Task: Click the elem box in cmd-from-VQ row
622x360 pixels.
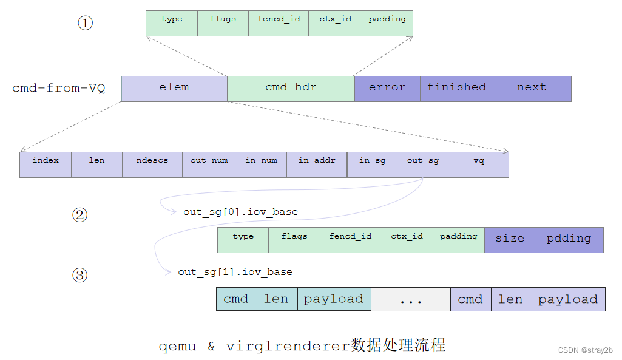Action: coord(174,89)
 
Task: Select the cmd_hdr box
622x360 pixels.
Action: coord(291,89)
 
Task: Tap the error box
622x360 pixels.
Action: coord(387,89)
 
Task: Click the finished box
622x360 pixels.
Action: coord(456,89)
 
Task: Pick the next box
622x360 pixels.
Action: coord(532,89)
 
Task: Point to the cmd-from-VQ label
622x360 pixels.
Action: coord(59,89)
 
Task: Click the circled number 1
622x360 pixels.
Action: coord(86,24)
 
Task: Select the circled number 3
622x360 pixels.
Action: coord(80,276)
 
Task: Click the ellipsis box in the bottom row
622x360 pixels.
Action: coord(410,299)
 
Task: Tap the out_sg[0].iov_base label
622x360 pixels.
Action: coord(240,212)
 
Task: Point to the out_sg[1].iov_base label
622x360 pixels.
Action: coord(235,272)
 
